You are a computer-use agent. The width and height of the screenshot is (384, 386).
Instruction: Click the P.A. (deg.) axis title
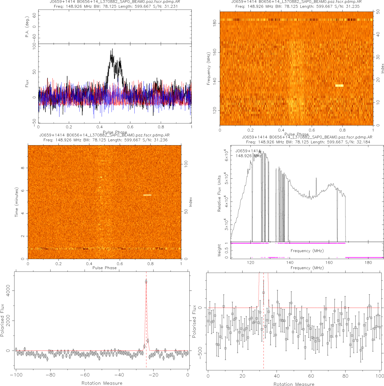[27, 27]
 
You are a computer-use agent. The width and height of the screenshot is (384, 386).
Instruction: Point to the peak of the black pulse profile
[112, 50]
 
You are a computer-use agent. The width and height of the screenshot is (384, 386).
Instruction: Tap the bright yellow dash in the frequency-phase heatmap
[339, 86]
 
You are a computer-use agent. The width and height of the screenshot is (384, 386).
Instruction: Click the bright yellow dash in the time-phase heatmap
[147, 195]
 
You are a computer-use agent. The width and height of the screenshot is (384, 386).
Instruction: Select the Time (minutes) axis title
[17, 202]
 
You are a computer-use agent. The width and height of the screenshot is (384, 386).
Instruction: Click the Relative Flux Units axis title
[219, 193]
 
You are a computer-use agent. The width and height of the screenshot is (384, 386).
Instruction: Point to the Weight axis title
[219, 250]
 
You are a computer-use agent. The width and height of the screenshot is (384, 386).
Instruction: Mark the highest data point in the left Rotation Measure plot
[146, 281]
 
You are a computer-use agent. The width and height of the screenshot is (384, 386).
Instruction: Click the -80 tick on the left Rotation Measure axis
[50, 375]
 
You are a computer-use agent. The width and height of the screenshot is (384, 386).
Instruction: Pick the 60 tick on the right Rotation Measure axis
[311, 376]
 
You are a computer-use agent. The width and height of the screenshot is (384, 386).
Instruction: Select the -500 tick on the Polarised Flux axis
[200, 353]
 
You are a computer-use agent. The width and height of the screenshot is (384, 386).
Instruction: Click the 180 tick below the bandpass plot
[368, 263]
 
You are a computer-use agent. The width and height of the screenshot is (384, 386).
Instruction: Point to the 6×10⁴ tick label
[226, 155]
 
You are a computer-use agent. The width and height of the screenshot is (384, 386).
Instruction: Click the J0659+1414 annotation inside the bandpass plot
[248, 151]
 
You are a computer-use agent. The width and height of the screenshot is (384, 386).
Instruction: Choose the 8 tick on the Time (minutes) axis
[23, 168]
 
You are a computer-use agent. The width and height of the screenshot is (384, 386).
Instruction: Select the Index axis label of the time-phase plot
[190, 202]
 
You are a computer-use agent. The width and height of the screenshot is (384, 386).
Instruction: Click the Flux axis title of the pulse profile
[27, 84]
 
